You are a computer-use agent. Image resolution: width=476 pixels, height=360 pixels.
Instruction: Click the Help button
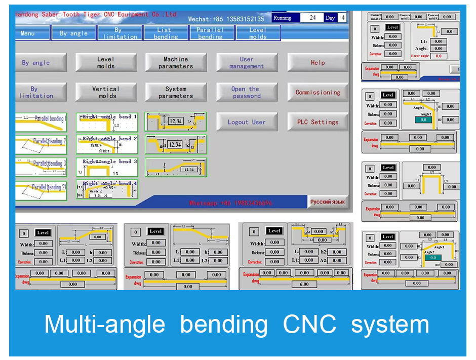click(318, 62)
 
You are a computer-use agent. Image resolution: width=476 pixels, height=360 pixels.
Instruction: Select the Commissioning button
click(318, 92)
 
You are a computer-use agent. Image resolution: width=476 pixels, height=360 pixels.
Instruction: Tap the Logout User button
click(246, 122)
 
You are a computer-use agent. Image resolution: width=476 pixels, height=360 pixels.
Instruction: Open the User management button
click(246, 62)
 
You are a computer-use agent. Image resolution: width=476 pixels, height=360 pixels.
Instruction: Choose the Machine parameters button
click(175, 62)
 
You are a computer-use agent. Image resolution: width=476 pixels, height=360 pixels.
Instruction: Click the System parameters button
click(175, 92)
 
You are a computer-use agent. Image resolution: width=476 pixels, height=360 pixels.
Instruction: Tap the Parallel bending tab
click(210, 33)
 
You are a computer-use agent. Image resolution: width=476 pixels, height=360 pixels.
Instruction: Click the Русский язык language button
click(327, 202)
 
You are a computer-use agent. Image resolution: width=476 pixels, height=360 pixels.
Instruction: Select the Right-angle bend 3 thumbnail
click(107, 167)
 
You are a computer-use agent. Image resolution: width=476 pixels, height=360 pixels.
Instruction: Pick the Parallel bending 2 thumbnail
click(41, 144)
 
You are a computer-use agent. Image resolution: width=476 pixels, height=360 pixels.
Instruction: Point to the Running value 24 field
click(312, 18)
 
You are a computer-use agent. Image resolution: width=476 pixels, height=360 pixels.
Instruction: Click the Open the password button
click(246, 92)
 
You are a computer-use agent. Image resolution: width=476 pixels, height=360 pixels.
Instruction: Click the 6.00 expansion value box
click(304, 284)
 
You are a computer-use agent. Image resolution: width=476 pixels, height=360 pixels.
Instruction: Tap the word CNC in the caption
click(309, 324)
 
